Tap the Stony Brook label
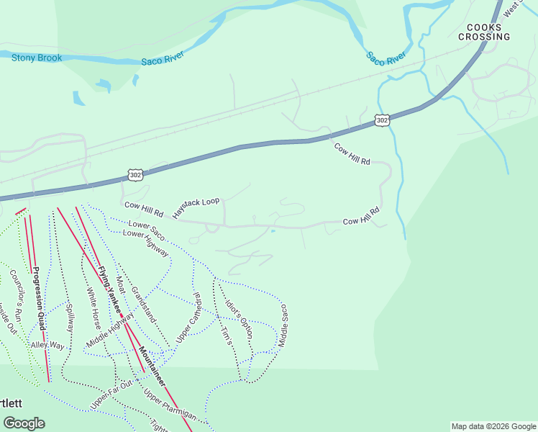pyautogui.click(x=36, y=58)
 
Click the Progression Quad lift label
pyautogui.click(x=37, y=298)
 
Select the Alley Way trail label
pyautogui.click(x=47, y=346)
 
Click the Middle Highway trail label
pyautogui.click(x=109, y=330)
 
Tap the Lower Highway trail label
pyautogui.click(x=146, y=243)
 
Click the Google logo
pyautogui.click(x=24, y=423)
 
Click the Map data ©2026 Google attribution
pyautogui.click(x=493, y=426)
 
